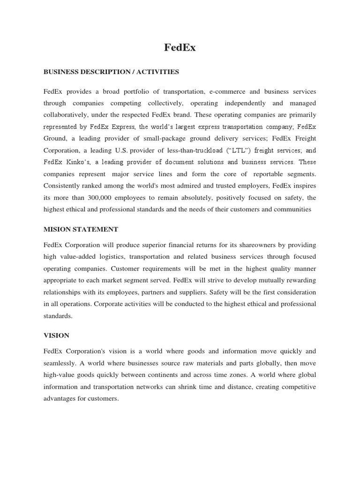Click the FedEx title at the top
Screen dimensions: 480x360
[180, 47]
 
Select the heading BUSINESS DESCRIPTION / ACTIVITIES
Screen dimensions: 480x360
[111, 72]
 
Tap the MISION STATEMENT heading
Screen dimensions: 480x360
[81, 229]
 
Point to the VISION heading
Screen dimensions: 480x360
[56, 335]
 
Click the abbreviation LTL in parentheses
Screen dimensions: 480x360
[219, 150]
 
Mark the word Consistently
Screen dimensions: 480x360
[63, 186]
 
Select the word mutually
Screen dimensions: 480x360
[263, 280]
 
